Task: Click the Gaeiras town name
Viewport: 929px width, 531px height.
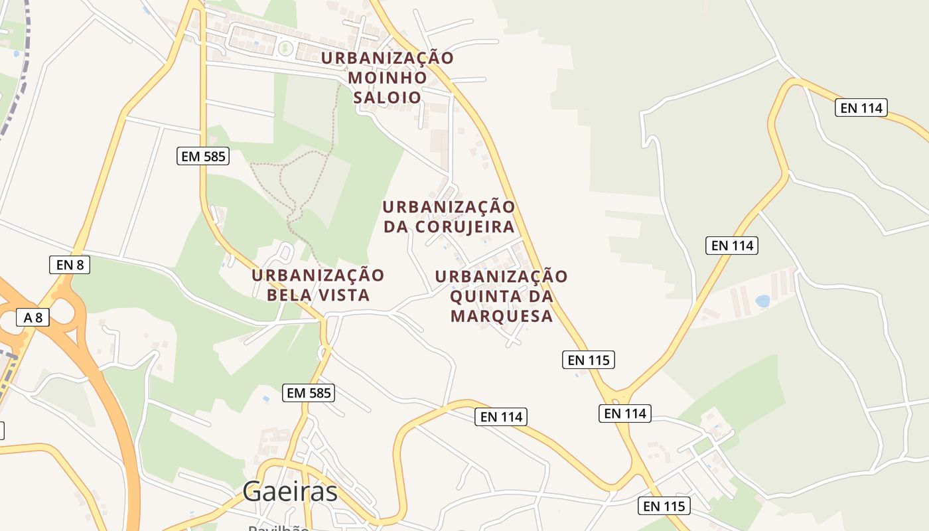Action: (290, 492)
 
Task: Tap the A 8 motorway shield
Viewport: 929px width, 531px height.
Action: (33, 317)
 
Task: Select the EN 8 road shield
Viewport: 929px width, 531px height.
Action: (70, 265)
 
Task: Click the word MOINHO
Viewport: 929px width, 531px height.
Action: (388, 78)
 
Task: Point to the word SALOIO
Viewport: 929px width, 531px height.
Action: (388, 98)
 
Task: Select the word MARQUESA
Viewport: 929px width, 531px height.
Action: (502, 316)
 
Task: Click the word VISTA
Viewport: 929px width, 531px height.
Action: (345, 295)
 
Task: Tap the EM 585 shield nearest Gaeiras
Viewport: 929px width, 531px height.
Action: (309, 392)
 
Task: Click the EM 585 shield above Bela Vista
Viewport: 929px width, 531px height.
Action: (204, 157)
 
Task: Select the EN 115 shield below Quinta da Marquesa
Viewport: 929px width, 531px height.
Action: (589, 360)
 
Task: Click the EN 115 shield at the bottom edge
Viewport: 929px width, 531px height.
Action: (664, 506)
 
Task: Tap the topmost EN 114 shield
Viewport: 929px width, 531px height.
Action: (861, 108)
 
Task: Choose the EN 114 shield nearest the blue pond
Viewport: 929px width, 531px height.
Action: (732, 246)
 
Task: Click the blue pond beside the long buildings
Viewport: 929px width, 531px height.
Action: (762, 301)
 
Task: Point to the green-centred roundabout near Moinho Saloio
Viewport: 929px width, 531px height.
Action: (286, 47)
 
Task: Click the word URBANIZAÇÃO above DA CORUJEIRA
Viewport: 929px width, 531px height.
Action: (449, 207)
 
